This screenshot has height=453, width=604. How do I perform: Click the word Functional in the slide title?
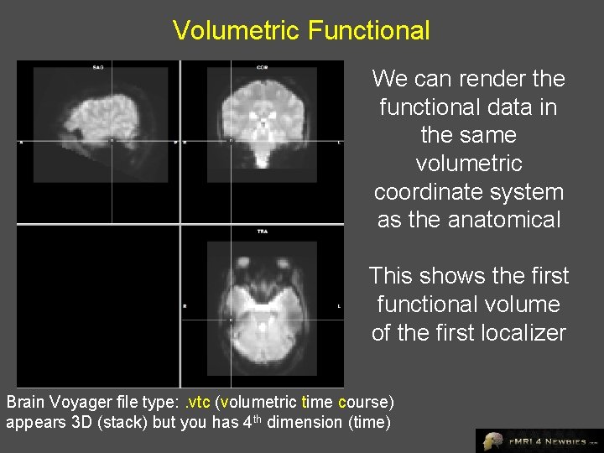369,31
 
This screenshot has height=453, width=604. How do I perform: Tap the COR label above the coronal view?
262,66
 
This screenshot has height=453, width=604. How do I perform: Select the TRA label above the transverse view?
262,230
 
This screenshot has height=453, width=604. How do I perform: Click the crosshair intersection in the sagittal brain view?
112,141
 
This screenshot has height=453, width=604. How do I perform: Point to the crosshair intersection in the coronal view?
231,141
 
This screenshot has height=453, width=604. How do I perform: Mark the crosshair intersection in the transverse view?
231,320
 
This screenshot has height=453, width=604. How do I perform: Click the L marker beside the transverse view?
339,306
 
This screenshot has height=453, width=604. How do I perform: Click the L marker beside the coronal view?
339,143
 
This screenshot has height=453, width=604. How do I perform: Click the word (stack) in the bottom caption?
125,422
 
